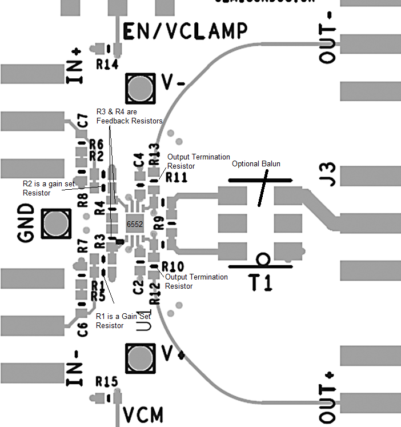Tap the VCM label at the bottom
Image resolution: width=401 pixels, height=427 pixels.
(143, 414)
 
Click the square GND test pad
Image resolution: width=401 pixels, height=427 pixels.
(56, 224)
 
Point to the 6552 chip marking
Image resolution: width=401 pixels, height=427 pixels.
(135, 224)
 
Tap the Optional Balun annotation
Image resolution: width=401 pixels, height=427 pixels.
(256, 164)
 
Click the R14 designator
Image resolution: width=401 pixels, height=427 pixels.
(107, 65)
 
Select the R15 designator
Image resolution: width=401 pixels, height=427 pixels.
(107, 381)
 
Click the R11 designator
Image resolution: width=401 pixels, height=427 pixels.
(176, 178)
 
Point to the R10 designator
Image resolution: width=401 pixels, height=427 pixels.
(172, 267)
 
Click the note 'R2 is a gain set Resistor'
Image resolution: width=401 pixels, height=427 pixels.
(45, 188)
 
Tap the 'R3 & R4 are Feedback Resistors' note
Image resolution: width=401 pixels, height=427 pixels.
(129, 116)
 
